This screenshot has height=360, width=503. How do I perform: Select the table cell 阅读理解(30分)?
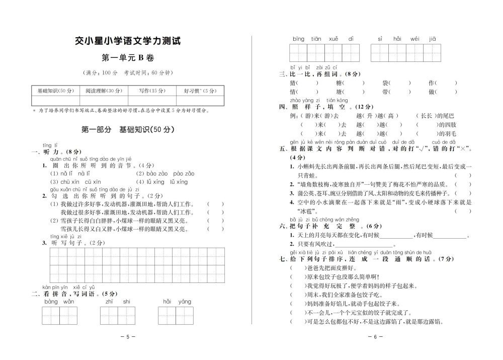[x=104, y=91]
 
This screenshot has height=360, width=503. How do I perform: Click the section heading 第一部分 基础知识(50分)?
[x=128, y=129]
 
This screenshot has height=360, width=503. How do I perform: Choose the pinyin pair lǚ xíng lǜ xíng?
[x=161, y=182]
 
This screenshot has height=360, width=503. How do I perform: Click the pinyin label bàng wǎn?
[x=59, y=302]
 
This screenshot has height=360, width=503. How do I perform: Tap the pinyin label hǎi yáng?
[x=177, y=302]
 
